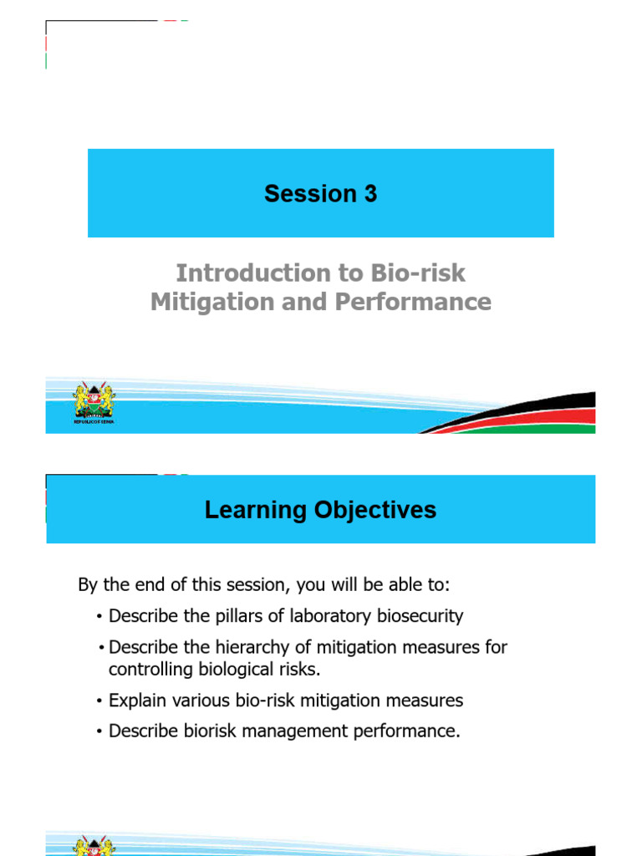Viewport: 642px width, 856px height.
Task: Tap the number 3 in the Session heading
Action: pyautogui.click(x=369, y=194)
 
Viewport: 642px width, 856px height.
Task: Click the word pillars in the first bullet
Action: pyautogui.click(x=225, y=616)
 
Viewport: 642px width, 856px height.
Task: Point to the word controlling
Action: pyautogui.click(x=147, y=669)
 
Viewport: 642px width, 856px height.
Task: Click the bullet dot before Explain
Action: pyautogui.click(x=99, y=701)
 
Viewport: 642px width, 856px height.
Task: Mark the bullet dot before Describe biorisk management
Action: pyautogui.click(x=99, y=732)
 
